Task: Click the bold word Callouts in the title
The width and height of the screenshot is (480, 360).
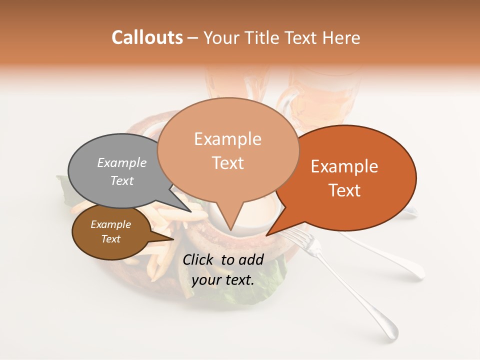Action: click(x=147, y=37)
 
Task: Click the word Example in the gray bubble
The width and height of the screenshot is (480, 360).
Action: click(x=122, y=162)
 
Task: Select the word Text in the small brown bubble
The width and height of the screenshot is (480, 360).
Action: click(x=110, y=239)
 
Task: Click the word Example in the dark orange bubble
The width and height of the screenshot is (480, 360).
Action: click(x=344, y=166)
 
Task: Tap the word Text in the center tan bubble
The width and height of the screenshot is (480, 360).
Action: click(x=228, y=163)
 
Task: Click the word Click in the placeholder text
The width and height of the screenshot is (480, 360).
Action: click(x=198, y=259)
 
